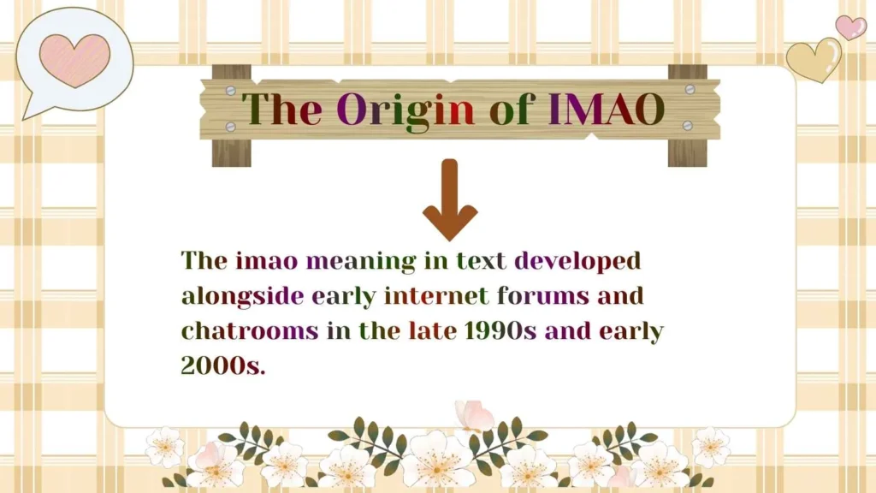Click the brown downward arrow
(x=450, y=200)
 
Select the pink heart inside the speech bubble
(x=74, y=59)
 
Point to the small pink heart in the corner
(x=850, y=27)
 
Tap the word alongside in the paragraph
(x=242, y=296)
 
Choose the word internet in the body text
(x=436, y=296)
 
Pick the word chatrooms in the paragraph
(x=249, y=331)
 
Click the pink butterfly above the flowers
(x=473, y=416)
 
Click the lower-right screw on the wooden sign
(x=689, y=126)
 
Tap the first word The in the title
(x=281, y=110)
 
